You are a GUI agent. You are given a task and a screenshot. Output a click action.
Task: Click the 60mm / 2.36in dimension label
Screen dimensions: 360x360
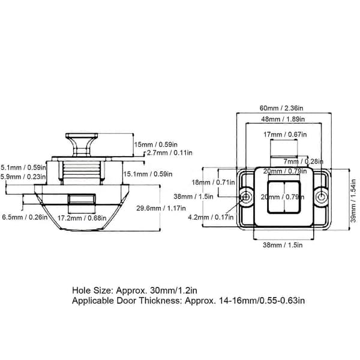[x=281, y=108]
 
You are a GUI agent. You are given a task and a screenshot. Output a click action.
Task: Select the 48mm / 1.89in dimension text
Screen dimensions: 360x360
[x=283, y=119]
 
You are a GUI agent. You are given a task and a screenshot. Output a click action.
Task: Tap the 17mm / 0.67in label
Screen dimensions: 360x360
[x=285, y=134]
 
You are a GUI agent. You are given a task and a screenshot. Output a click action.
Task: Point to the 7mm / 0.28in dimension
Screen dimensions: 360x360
[x=303, y=161]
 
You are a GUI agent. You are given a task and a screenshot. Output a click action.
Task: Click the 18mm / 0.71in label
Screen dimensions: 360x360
[x=213, y=182]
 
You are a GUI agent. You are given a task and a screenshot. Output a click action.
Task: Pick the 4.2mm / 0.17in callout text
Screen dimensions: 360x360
[x=211, y=217]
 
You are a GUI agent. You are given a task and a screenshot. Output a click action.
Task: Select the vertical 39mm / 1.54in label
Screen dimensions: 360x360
[x=353, y=201]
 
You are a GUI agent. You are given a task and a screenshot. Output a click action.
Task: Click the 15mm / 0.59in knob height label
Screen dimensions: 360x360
[x=155, y=145]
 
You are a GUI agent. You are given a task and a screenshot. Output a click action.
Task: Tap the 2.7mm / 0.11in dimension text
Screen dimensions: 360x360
[x=170, y=152]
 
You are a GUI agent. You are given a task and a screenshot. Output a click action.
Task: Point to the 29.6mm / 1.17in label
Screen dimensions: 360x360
[x=161, y=208]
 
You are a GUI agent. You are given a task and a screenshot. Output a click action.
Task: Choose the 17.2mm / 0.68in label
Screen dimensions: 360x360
[x=82, y=218]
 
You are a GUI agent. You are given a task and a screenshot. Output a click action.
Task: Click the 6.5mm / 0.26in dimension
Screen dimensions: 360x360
[x=25, y=217]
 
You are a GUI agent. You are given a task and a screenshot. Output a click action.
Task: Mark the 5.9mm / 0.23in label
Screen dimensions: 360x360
[x=23, y=177]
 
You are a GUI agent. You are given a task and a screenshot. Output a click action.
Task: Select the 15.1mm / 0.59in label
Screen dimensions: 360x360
[x=148, y=174]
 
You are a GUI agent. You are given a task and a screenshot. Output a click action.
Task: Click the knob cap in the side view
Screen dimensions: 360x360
[x=82, y=136]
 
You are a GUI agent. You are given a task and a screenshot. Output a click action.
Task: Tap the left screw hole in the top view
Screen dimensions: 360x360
[x=246, y=197]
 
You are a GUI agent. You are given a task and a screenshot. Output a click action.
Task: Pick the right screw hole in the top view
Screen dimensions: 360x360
[x=322, y=197]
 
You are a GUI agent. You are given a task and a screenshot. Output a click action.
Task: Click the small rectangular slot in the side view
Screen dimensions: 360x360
[x=82, y=199]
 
